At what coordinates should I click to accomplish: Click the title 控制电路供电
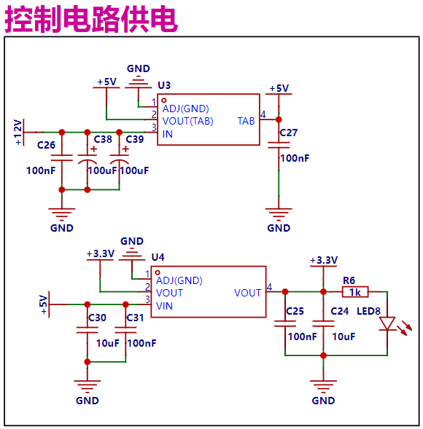(x=92, y=19)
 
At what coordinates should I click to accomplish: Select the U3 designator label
(x=164, y=86)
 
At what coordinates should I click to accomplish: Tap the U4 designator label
(x=158, y=257)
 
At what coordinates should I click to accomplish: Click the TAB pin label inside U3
(x=247, y=121)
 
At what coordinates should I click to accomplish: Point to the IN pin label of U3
(x=168, y=134)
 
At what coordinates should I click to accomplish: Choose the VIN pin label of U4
(x=165, y=306)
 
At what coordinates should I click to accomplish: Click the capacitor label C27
(x=289, y=133)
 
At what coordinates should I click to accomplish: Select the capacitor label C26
(x=46, y=145)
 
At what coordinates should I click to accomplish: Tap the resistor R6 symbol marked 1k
(x=355, y=292)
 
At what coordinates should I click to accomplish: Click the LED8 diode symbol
(x=387, y=323)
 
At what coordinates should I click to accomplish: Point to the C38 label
(x=103, y=138)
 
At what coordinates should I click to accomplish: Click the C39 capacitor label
(x=134, y=138)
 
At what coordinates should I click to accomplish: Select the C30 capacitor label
(x=97, y=318)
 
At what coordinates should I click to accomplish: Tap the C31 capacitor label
(x=135, y=318)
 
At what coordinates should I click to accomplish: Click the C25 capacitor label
(x=295, y=311)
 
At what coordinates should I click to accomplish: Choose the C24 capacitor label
(x=339, y=311)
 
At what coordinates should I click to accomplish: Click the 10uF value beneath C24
(x=344, y=336)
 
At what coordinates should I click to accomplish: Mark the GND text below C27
(x=279, y=228)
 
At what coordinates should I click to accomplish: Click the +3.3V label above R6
(x=323, y=260)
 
